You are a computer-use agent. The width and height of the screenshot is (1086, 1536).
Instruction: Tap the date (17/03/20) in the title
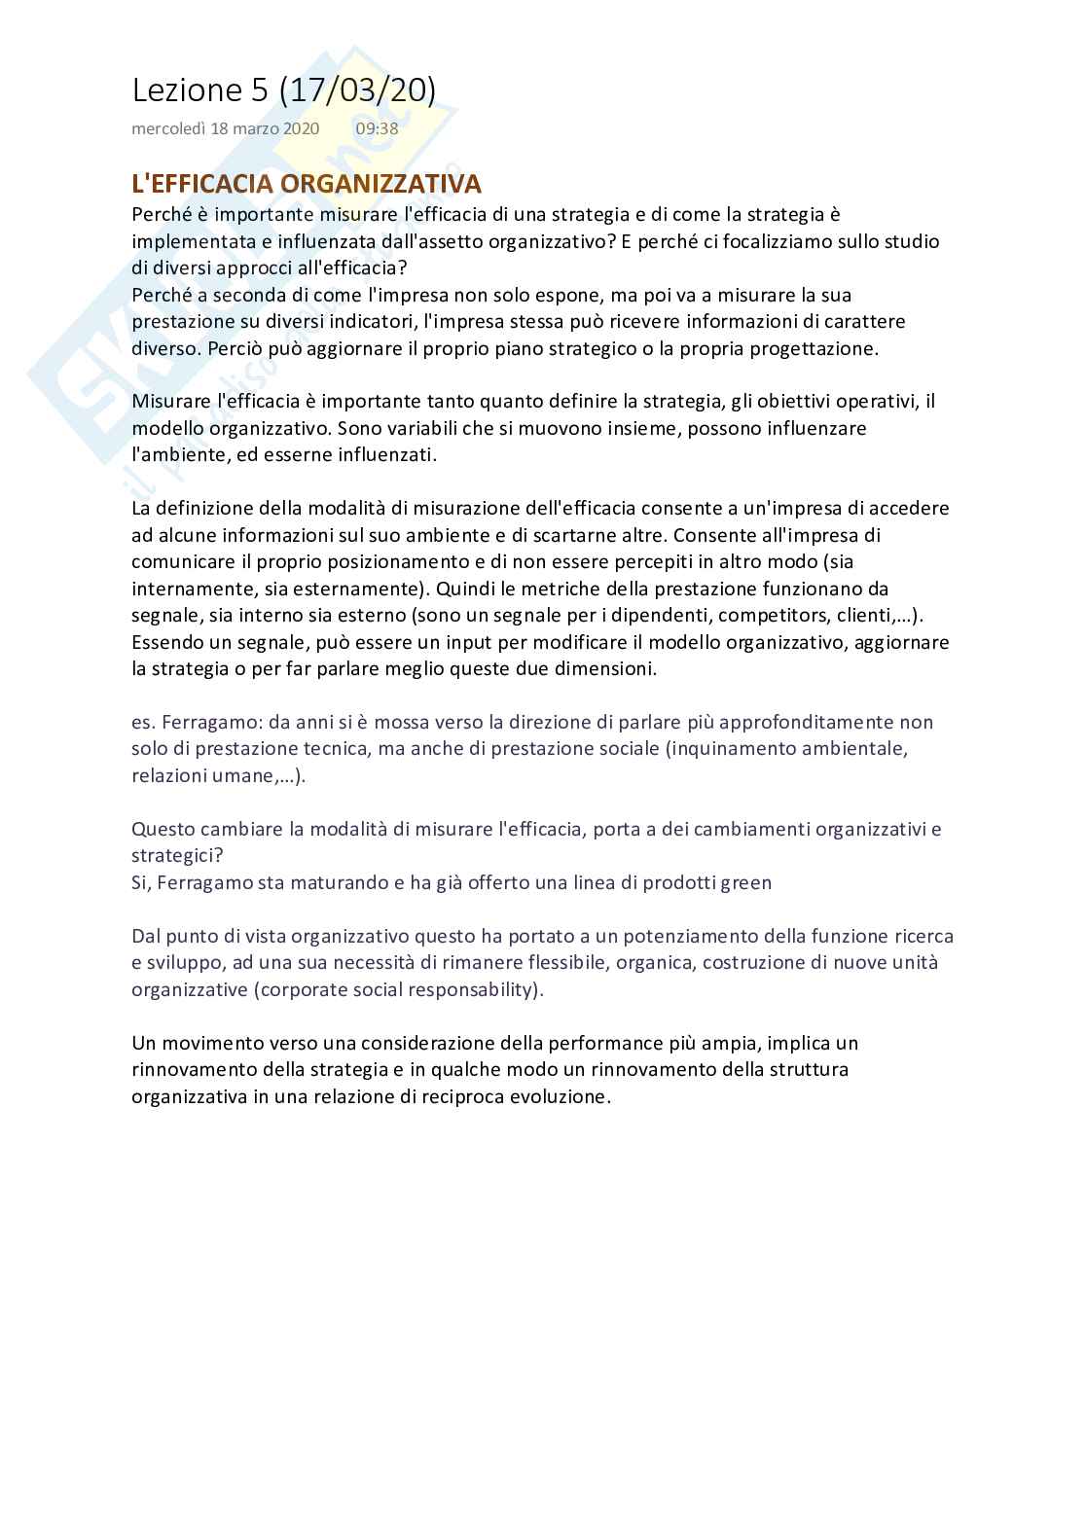coord(357,89)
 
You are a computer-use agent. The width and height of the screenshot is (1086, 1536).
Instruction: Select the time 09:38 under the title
coord(377,128)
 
